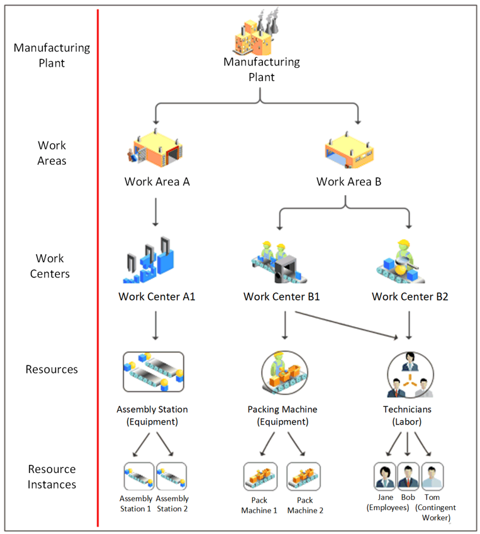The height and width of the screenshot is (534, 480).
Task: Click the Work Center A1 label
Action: click(157, 296)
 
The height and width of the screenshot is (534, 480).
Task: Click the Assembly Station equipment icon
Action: click(153, 374)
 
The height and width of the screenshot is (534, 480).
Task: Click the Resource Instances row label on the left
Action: click(52, 477)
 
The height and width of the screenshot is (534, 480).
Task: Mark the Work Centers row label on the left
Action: click(50, 266)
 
